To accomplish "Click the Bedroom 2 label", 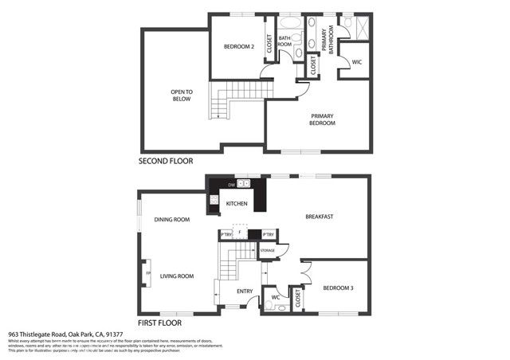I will [237, 47].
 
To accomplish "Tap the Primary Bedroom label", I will [322, 119].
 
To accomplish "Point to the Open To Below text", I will [182, 96].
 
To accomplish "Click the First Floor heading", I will [159, 323].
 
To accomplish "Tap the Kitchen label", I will [237, 205].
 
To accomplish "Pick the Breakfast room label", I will [319, 217].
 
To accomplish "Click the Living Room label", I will [177, 276].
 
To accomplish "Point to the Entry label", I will [245, 292].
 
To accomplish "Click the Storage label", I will [268, 251].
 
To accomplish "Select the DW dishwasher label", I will [231, 186].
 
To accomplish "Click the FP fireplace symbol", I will [147, 276].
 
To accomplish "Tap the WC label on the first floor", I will [275, 298].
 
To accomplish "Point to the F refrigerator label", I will [240, 234].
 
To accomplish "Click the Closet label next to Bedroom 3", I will [298, 299].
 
